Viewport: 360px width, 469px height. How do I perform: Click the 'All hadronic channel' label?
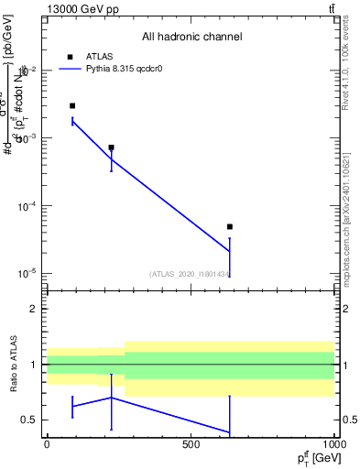191,37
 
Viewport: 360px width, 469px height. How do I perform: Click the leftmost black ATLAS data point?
72,106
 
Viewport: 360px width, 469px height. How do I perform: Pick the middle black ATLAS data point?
111,147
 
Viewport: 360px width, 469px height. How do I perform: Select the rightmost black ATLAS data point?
230,226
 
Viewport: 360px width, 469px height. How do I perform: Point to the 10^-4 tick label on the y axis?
27,207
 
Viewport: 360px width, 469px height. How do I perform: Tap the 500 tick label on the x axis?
191,445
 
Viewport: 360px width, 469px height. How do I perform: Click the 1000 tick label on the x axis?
333,445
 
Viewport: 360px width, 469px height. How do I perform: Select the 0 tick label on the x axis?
47,445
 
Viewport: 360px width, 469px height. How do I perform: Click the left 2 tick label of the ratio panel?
33,310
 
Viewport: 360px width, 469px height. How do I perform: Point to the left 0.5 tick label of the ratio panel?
29,420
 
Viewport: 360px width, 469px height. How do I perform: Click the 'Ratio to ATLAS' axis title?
12,365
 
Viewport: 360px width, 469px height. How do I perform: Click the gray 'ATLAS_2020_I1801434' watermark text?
190,273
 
